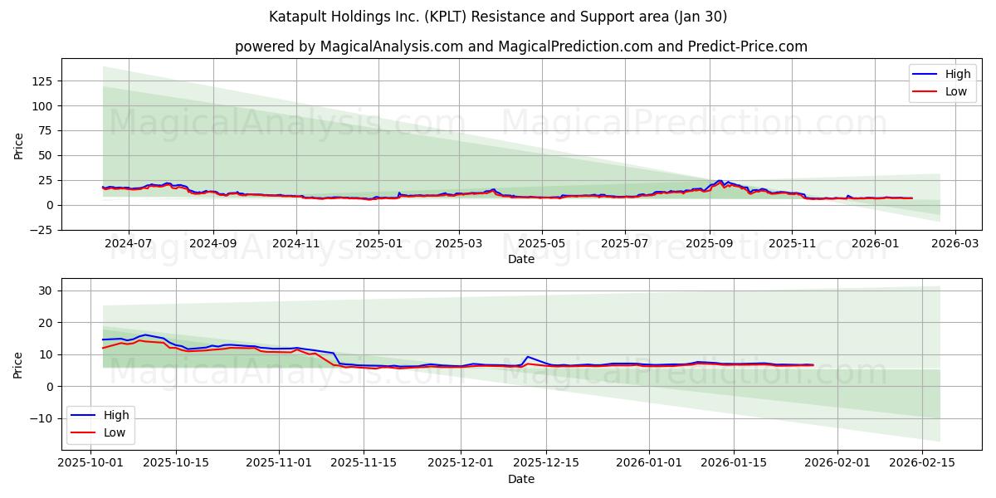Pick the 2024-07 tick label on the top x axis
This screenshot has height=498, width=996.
(129, 243)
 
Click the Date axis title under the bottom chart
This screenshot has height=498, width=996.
(521, 479)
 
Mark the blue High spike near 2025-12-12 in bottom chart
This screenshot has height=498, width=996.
(527, 357)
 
